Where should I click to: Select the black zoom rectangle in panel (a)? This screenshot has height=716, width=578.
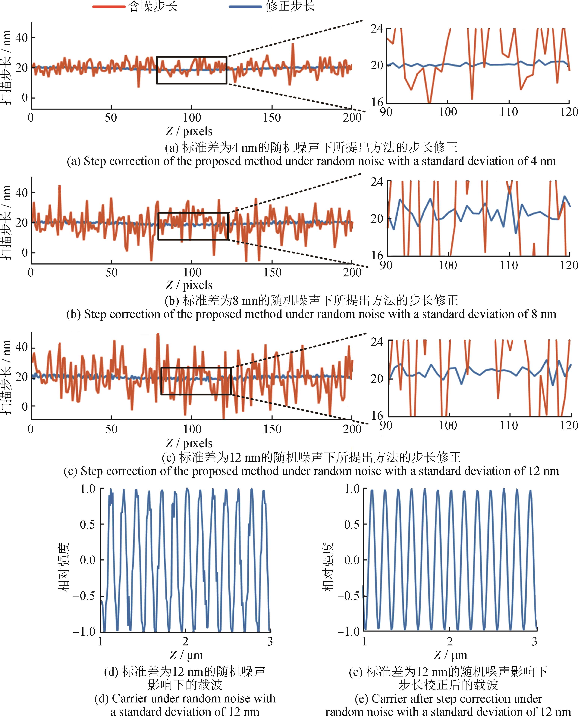(x=191, y=57)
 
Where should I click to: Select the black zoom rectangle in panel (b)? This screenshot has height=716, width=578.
(x=193, y=213)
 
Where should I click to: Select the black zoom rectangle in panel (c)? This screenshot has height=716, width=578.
(x=196, y=368)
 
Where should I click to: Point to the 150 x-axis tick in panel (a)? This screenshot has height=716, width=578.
(x=272, y=117)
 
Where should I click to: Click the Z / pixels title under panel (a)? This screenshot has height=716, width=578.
(x=189, y=132)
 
